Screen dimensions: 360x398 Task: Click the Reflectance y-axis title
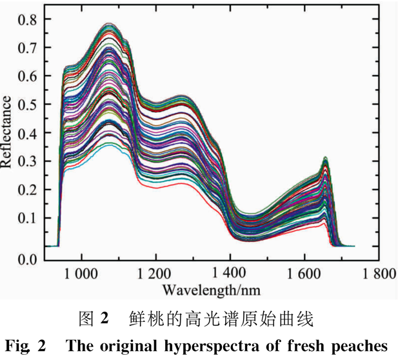tap(8, 132)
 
